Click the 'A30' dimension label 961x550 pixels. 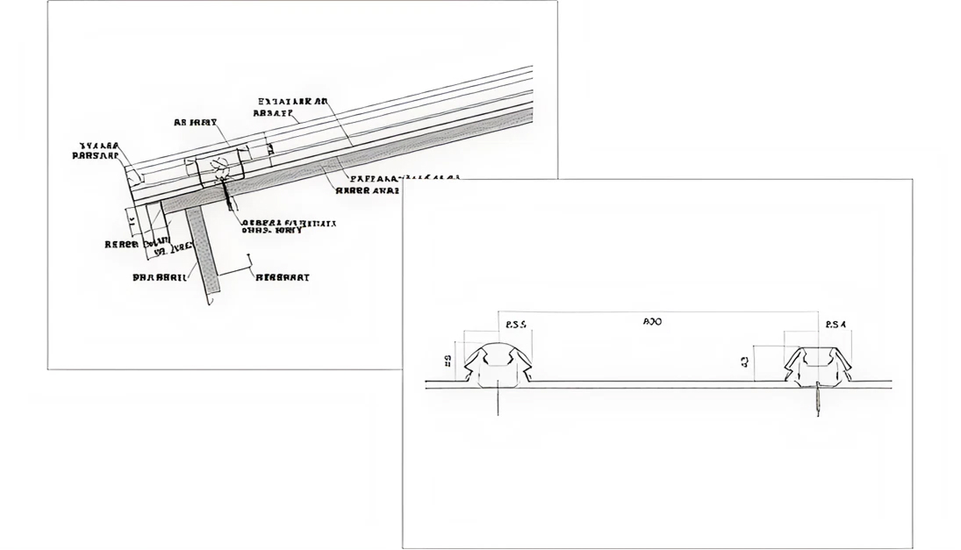point(652,322)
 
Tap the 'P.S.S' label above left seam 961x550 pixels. point(516,325)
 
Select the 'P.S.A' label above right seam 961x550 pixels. point(835,325)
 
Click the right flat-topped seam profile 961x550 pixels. point(818,366)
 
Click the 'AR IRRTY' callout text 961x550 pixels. point(196,123)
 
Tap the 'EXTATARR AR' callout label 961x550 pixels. point(293,102)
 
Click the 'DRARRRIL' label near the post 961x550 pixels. point(159,276)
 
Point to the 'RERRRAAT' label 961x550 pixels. point(282,277)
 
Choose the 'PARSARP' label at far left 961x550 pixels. point(94,156)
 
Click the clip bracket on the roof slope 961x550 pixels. point(220,165)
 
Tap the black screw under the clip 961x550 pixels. point(228,195)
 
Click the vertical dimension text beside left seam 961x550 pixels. point(447,361)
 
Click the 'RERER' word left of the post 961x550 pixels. point(121,244)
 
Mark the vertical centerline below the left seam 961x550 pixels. point(498,402)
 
